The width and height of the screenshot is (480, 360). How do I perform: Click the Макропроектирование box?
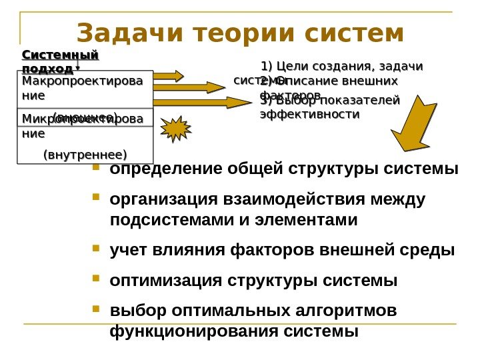[x=83, y=89]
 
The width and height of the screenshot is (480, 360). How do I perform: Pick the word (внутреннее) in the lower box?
[x=85, y=155]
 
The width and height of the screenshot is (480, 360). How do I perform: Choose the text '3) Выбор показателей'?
[x=329, y=101]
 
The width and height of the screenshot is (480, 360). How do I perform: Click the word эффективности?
[x=309, y=115]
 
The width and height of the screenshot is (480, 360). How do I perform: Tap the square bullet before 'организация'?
[x=97, y=198]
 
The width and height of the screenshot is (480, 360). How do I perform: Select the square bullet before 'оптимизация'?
[x=97, y=279]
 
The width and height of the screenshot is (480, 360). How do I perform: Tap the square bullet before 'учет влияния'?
[x=97, y=249]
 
